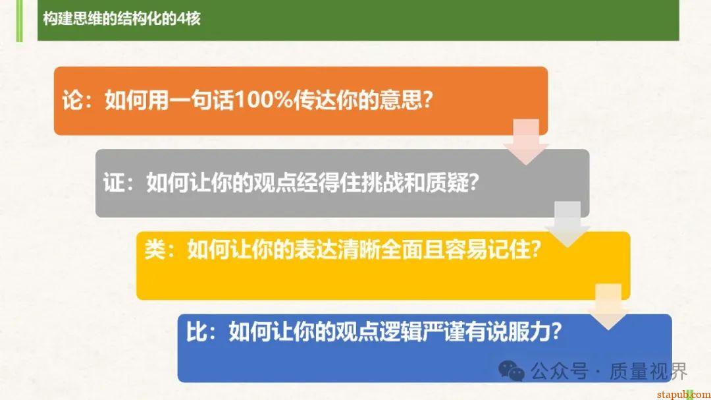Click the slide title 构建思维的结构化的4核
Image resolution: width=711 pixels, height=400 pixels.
click(x=121, y=18)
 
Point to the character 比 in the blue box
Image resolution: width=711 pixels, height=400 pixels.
click(x=196, y=331)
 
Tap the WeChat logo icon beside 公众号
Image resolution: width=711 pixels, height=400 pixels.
click(x=512, y=370)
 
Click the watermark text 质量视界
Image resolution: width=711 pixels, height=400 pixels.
click(x=648, y=371)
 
